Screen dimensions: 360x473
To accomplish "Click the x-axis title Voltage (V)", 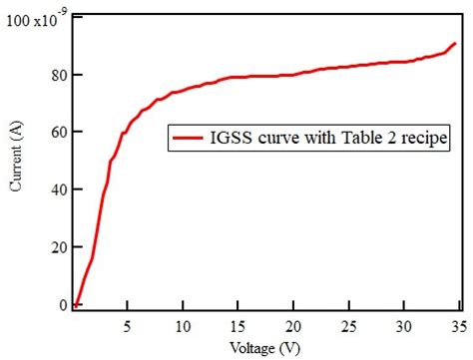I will (x=267, y=349).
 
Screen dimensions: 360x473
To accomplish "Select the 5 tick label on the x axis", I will (x=127, y=326).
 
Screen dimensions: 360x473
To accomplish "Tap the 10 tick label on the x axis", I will (x=183, y=326).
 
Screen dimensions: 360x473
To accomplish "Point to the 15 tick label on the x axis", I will (x=237, y=326).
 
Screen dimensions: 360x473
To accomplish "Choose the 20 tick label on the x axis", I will (x=292, y=326).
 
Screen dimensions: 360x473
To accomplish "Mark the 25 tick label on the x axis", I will (x=347, y=326).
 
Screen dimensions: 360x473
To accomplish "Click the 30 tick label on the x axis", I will (x=402, y=326).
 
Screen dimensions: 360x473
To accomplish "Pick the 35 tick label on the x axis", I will (x=457, y=326).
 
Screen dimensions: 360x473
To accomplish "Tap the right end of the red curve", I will (x=455, y=44).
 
